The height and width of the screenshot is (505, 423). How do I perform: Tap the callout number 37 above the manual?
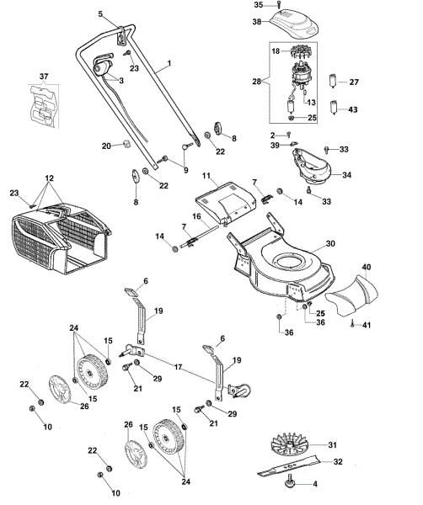[44, 77]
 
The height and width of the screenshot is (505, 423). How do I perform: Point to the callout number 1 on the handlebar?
[169, 64]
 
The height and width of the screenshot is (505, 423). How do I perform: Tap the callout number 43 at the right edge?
[353, 110]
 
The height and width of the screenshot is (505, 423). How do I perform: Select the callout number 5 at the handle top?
[100, 14]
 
